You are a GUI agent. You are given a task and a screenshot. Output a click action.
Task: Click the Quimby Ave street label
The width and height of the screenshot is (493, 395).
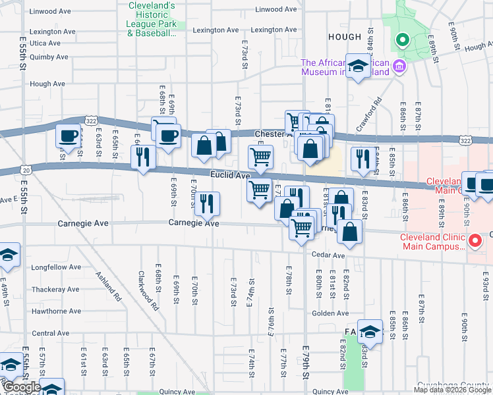(x=49, y=57)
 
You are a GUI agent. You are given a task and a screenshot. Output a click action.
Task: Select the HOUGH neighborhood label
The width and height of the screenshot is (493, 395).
(x=343, y=38)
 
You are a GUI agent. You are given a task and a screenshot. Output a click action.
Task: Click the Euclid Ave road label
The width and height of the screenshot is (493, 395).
(x=230, y=176)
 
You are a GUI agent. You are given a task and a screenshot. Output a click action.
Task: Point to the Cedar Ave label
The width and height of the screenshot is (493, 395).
(x=329, y=255)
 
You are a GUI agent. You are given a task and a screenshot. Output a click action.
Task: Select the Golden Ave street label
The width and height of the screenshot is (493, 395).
(x=326, y=313)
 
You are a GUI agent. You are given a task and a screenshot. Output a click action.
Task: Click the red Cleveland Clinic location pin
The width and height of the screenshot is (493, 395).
(x=474, y=242)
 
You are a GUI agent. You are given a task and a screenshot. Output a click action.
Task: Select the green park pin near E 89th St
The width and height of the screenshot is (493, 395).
(x=401, y=41)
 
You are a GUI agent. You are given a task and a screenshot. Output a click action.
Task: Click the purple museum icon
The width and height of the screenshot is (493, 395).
(x=398, y=66)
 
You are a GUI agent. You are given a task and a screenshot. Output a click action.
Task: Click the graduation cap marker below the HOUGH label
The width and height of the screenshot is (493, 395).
(x=359, y=66)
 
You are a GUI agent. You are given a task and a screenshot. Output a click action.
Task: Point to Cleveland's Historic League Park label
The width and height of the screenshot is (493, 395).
(x=152, y=19)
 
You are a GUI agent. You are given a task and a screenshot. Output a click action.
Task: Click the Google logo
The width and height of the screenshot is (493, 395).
(x=22, y=387)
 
